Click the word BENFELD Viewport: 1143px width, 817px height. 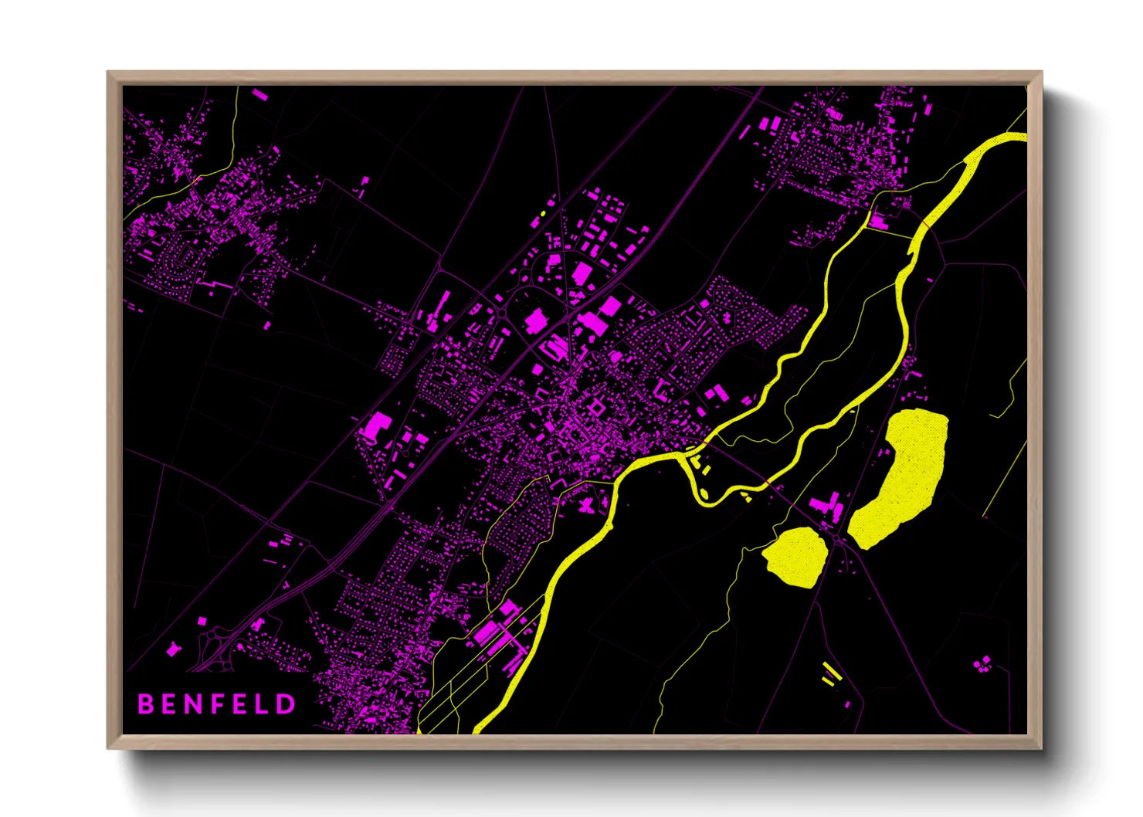pos(216,703)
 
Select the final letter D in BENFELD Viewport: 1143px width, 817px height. pos(286,703)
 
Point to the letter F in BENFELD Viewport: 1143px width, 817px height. pos(219,703)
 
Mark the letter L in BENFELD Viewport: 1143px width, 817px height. pos(263,703)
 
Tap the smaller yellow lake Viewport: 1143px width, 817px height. pos(795,556)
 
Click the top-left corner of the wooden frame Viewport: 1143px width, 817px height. pos(108,72)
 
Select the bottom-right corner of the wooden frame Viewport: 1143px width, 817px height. pos(1041,748)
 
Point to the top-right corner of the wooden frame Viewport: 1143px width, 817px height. pos(1041,72)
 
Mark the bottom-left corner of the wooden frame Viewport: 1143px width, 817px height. pos(108,748)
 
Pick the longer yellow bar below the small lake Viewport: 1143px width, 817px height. pos(832,669)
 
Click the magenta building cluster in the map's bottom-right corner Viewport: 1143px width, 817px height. pos(982,663)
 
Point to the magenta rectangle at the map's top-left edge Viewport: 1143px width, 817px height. pos(259,96)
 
